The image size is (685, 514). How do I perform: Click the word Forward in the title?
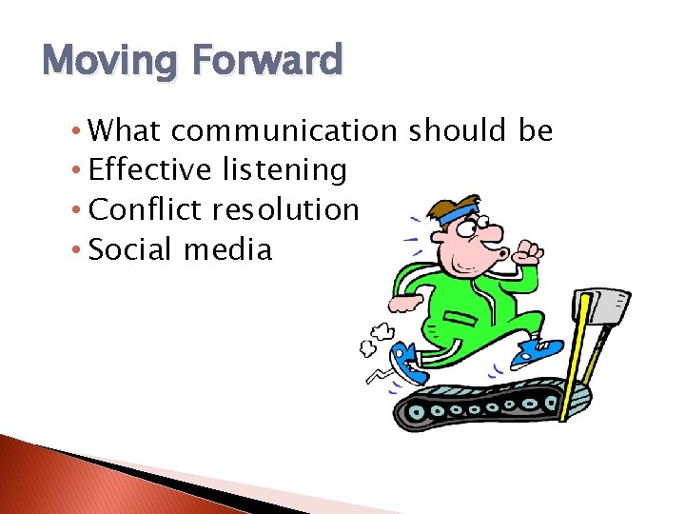267,61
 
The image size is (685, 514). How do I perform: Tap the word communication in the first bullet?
284,130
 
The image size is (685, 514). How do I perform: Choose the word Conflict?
147,210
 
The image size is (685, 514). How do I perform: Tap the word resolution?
286,210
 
